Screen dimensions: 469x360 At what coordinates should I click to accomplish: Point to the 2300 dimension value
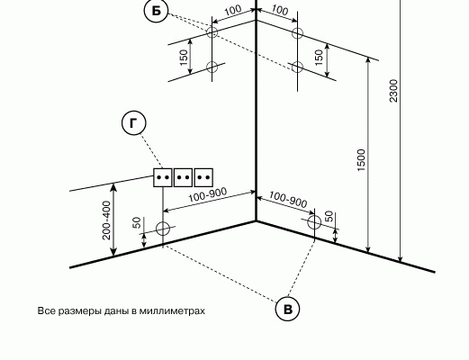point(393,91)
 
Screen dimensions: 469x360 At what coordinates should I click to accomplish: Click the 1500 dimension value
point(362,160)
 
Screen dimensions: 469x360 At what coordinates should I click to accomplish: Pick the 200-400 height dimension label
point(106,220)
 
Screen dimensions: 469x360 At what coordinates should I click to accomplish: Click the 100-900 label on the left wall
point(208,195)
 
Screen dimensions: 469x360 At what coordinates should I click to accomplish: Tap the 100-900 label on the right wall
point(288,200)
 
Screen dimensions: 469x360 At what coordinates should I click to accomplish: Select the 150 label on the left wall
point(184,58)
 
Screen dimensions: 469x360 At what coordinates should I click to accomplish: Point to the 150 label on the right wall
point(319,58)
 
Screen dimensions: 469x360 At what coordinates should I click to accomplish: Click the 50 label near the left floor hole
point(137,222)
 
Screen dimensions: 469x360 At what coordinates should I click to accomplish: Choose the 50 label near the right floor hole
point(329,216)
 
